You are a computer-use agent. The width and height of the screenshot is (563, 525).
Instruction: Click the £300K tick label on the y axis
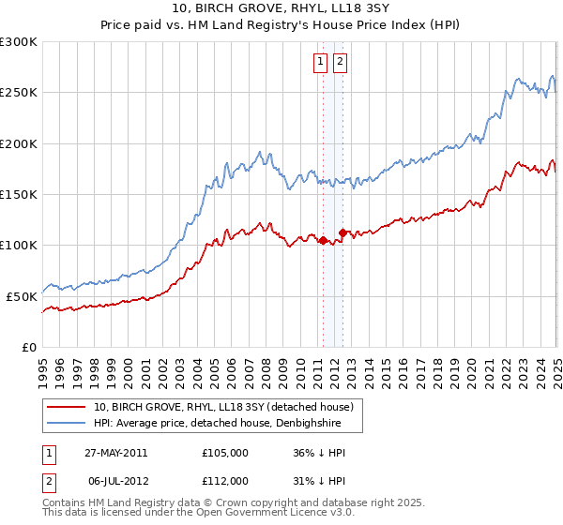tap(19, 42)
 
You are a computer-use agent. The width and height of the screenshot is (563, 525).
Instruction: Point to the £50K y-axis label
tap(22, 296)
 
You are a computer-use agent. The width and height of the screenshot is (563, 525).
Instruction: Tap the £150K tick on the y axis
tap(19, 195)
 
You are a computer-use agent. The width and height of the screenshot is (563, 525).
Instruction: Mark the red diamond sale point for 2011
tap(324, 240)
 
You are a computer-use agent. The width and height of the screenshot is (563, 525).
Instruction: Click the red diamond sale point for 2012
tap(342, 232)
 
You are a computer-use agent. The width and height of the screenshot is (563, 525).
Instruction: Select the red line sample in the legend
tap(67, 407)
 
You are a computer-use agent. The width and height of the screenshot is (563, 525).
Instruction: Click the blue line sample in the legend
tap(67, 424)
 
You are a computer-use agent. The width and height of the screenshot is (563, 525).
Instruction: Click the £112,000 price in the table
tap(225, 481)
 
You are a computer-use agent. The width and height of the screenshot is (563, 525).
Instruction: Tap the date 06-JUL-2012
tap(116, 481)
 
